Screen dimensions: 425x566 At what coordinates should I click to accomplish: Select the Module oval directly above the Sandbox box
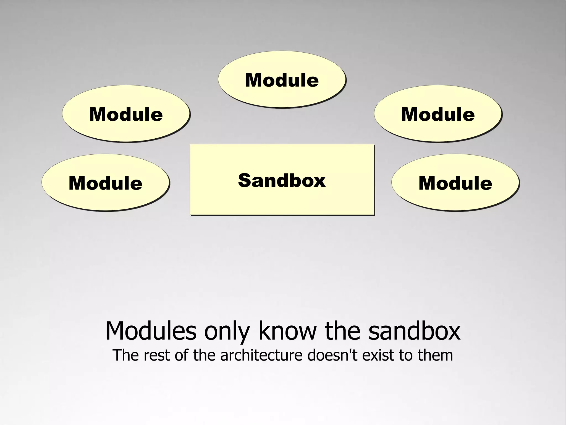(x=282, y=80)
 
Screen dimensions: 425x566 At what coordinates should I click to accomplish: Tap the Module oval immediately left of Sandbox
(x=105, y=183)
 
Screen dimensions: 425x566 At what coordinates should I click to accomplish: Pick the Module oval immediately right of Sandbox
(x=455, y=183)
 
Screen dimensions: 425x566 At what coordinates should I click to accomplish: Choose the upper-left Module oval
(x=126, y=114)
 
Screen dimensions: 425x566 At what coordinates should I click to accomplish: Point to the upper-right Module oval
(x=438, y=114)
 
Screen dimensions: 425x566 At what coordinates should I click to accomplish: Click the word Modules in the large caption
(x=151, y=331)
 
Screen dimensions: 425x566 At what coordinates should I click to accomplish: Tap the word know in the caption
(x=287, y=331)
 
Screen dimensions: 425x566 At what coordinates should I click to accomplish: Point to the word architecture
(x=261, y=355)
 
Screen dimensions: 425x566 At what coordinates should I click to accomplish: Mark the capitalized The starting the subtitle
(x=126, y=355)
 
